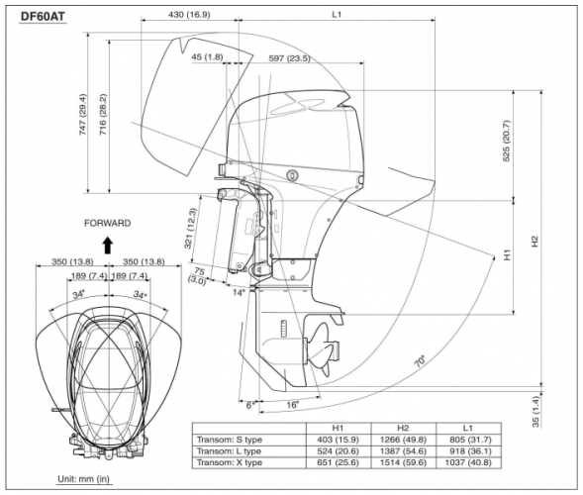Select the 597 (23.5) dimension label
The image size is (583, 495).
tap(290, 58)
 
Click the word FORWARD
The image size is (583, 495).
tap(107, 224)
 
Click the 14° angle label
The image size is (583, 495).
tap(237, 293)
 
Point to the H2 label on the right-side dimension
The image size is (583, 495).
tap(534, 241)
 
